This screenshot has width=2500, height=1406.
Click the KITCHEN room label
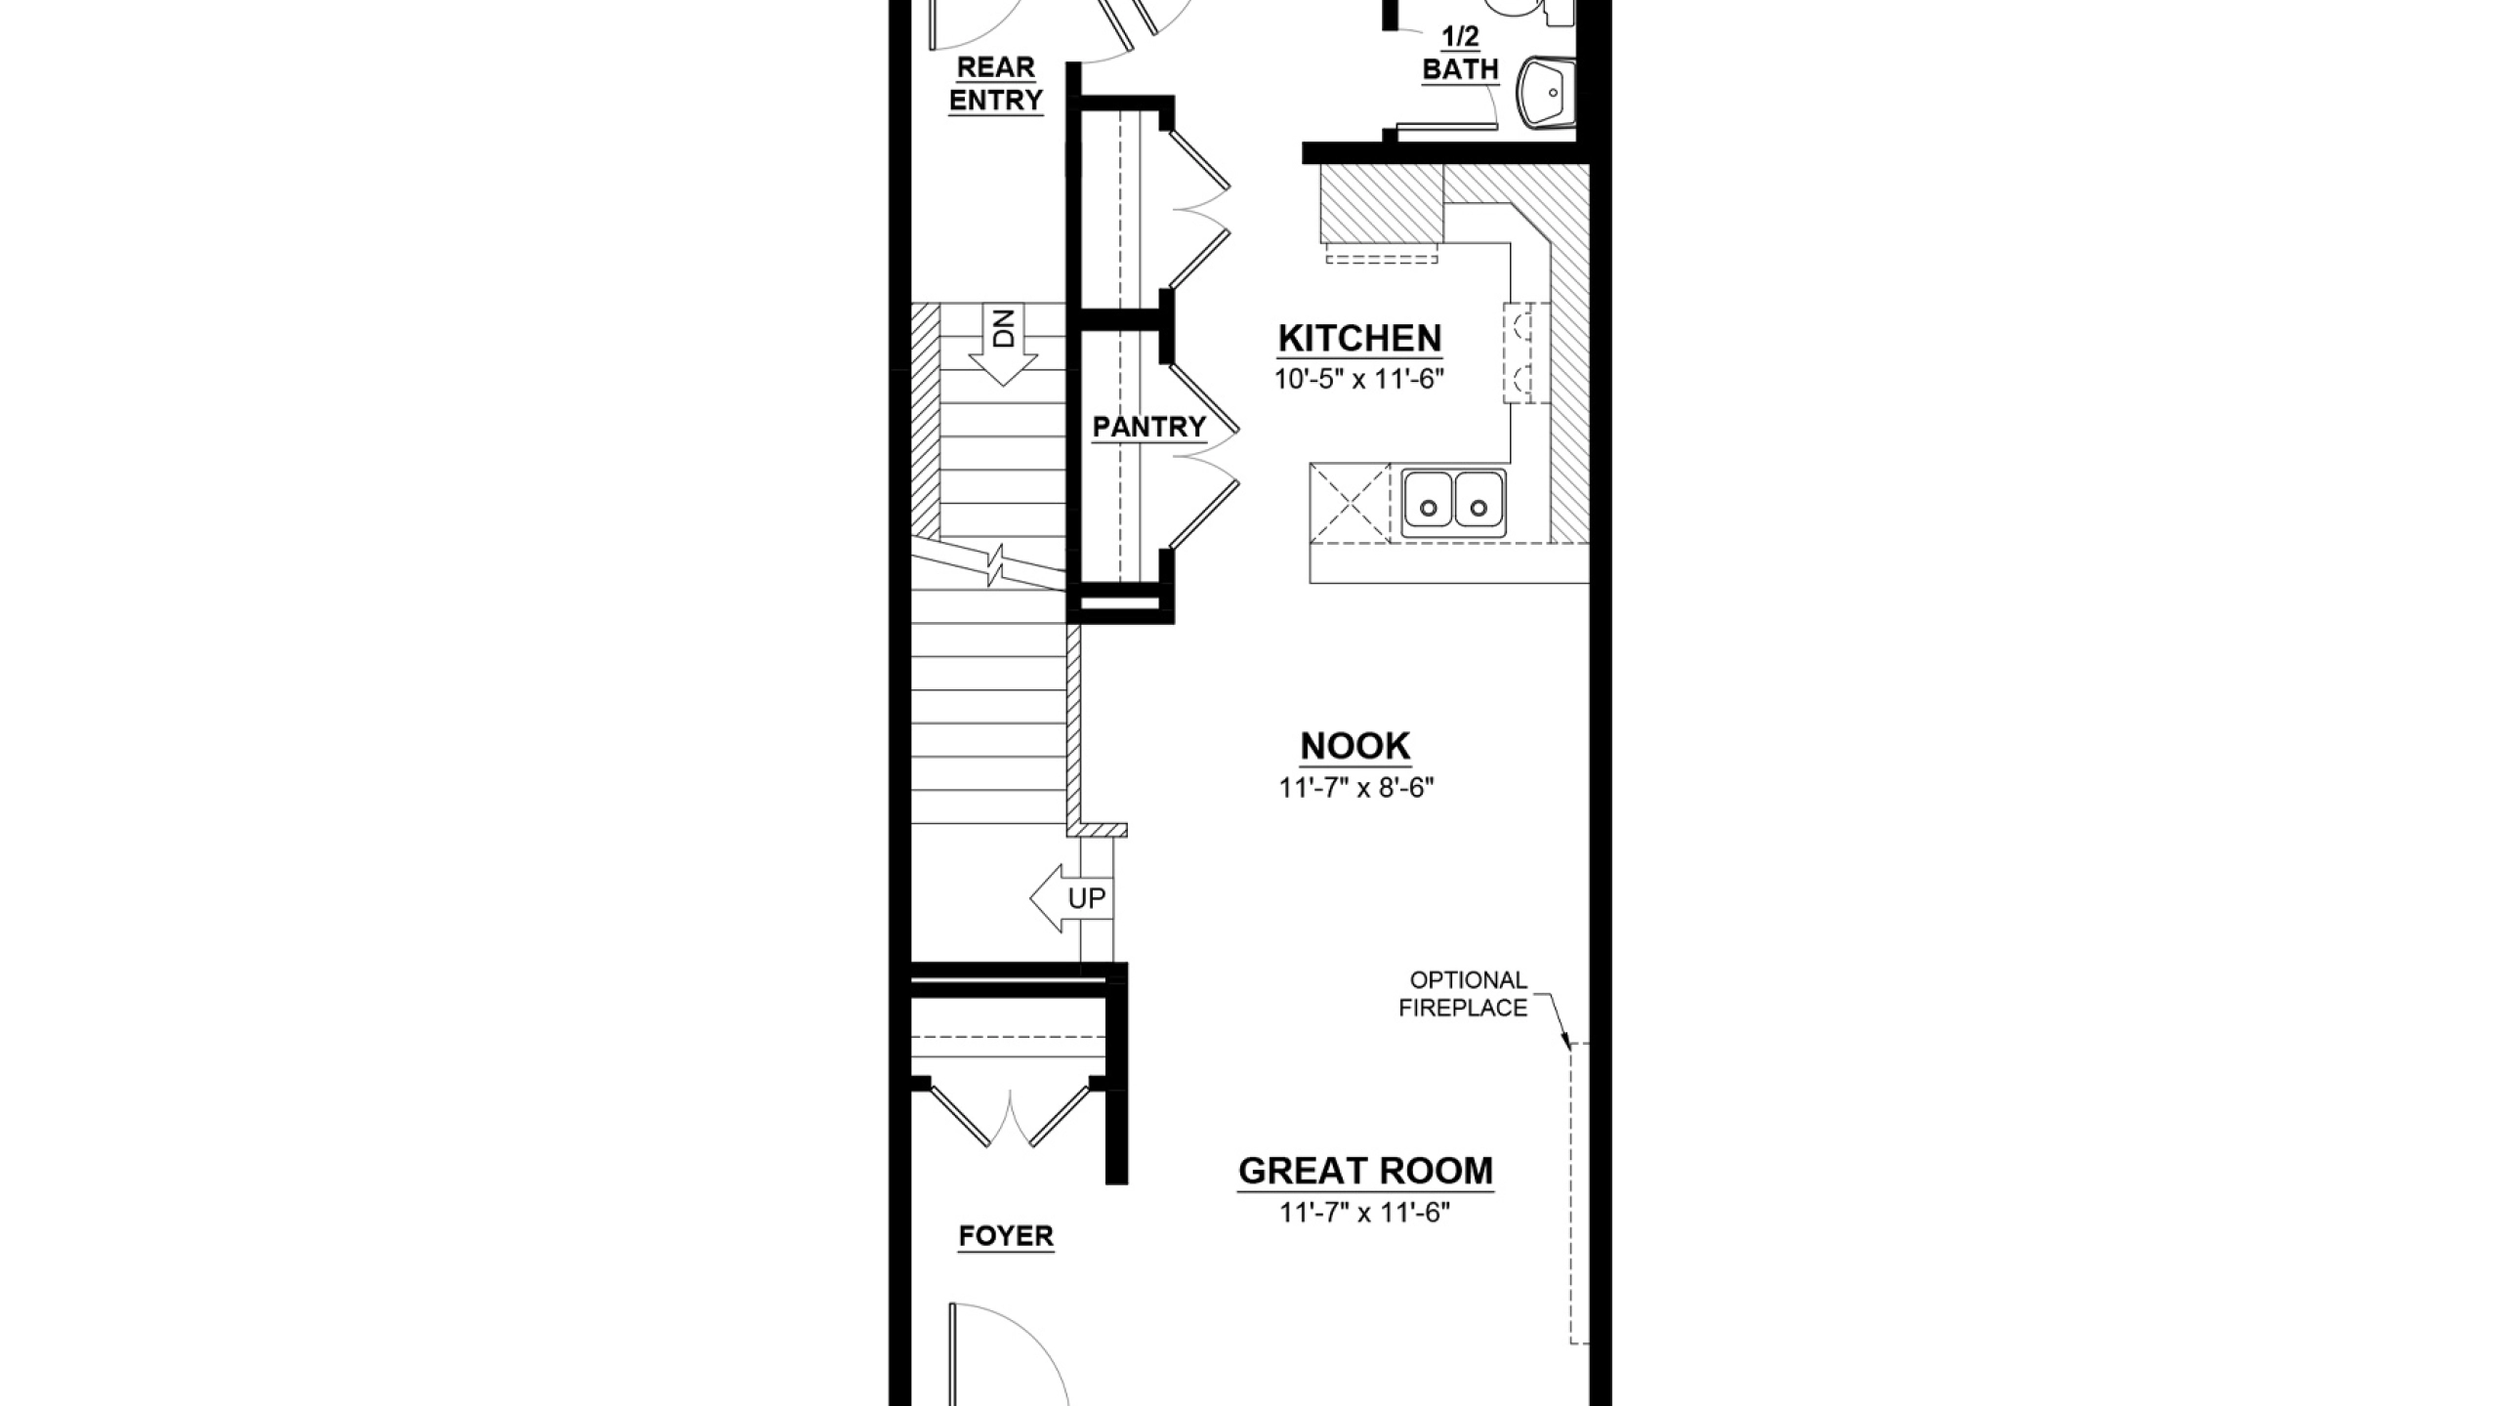pos(1359,339)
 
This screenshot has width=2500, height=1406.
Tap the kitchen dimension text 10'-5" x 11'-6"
pos(1358,380)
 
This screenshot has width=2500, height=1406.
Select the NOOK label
pos(1355,746)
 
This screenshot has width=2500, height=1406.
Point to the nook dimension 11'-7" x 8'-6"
pos(1356,788)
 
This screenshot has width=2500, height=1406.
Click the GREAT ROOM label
pos(1365,1171)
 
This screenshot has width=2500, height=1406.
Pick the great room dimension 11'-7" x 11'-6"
pos(1365,1213)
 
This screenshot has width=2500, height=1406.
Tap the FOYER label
pos(1006,1237)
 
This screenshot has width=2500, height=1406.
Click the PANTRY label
pos(1149,428)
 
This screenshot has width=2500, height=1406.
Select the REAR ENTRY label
pos(996,84)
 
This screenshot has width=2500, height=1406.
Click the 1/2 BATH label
pos(1461,54)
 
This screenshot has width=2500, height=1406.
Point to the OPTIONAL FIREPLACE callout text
pos(1463,994)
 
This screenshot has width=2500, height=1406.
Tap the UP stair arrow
pos(1070,898)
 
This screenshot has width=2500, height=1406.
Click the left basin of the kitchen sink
pos(1429,504)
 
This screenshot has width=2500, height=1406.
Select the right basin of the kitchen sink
pos(1479,504)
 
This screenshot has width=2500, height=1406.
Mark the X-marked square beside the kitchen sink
pos(1349,503)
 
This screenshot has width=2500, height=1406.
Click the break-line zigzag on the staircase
pos(995,566)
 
